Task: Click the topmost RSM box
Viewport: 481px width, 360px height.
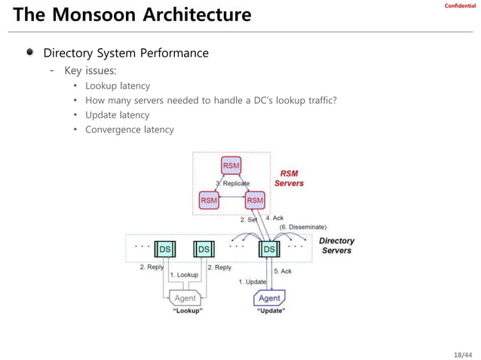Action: click(x=231, y=165)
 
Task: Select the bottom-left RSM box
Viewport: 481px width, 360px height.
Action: click(x=209, y=200)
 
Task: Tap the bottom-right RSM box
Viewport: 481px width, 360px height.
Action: click(x=255, y=200)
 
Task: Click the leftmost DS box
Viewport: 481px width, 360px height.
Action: click(x=164, y=249)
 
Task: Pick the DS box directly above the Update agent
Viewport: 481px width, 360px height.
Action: click(x=268, y=249)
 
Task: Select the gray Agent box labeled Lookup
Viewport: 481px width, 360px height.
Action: click(x=184, y=297)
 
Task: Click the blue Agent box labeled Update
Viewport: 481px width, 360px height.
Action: click(x=270, y=298)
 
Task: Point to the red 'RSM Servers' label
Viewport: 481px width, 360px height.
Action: click(x=289, y=178)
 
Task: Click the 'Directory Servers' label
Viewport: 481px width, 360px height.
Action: click(x=336, y=246)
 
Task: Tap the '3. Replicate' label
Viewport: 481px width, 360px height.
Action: click(x=233, y=183)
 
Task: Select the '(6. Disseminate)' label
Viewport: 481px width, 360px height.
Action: click(x=302, y=227)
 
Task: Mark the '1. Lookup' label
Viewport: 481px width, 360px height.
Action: click(x=183, y=275)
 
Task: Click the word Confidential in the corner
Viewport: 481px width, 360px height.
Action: click(x=460, y=6)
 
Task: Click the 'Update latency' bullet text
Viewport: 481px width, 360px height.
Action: click(x=117, y=115)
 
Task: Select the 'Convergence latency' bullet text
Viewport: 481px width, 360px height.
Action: click(x=129, y=130)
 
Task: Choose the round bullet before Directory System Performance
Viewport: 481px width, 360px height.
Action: click(x=29, y=53)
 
